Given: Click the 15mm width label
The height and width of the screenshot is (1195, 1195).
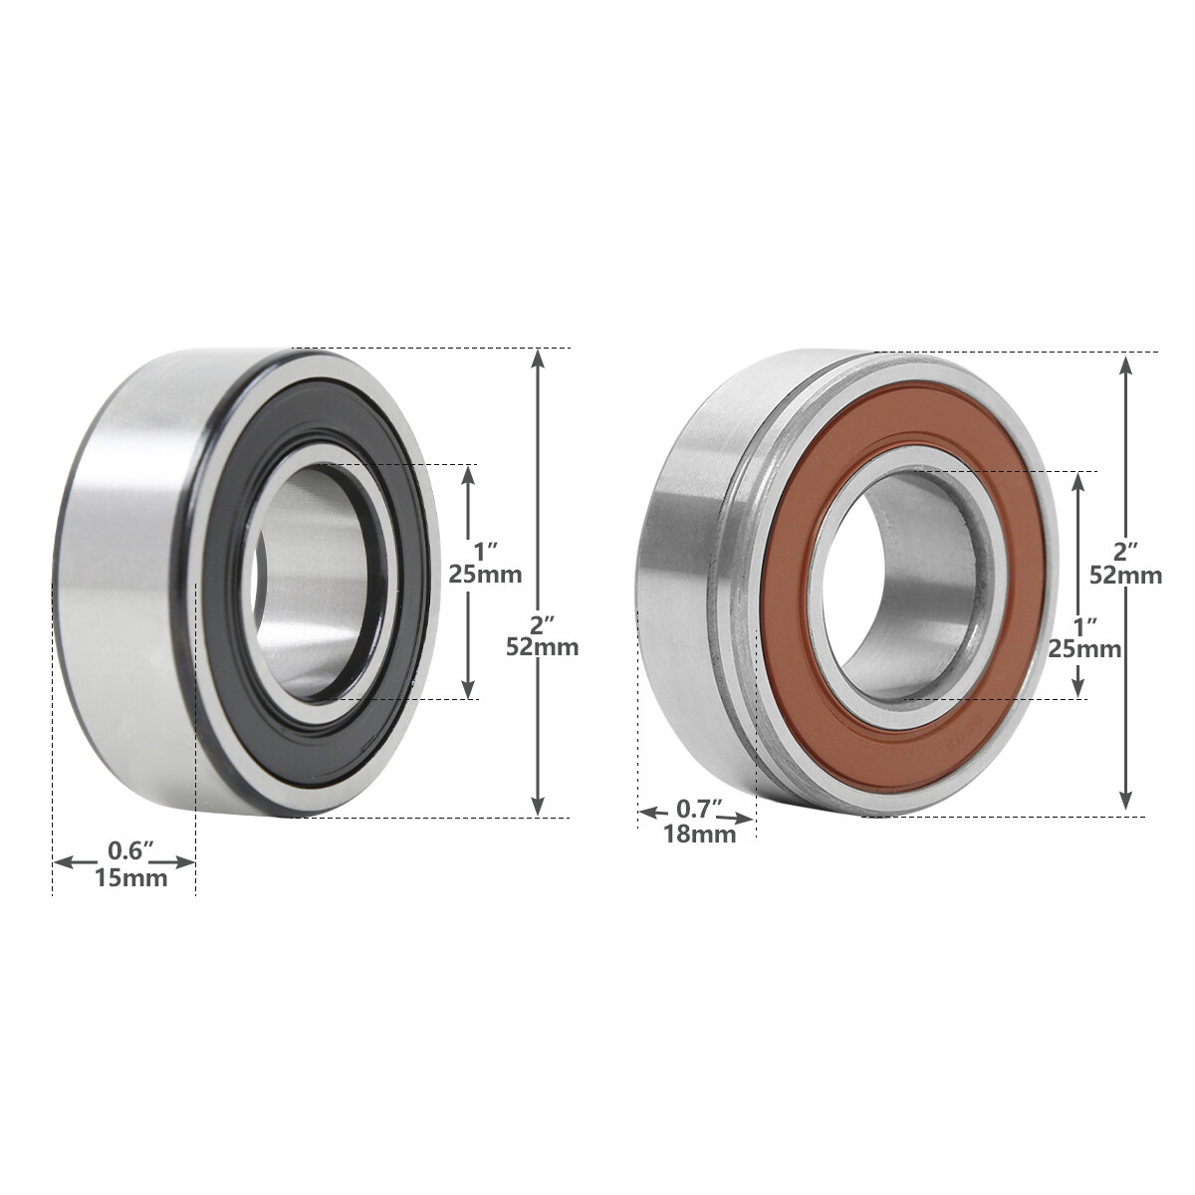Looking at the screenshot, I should [x=130, y=878].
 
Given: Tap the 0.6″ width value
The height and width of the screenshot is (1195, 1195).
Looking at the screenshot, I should [x=130, y=851].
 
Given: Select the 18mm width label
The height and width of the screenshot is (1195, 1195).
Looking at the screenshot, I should [x=700, y=835].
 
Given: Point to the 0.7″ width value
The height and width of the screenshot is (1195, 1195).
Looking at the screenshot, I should [x=700, y=808].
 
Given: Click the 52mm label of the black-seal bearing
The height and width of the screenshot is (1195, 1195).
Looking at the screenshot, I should [x=543, y=646].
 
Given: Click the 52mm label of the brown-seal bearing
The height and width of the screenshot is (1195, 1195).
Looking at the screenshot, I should [x=1125, y=576].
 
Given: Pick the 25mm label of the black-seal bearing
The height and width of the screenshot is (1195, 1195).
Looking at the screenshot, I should [x=485, y=575].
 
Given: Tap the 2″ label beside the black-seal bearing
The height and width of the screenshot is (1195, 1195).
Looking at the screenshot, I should [x=543, y=623].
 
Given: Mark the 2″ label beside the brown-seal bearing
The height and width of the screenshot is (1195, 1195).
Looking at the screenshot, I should [x=1125, y=551].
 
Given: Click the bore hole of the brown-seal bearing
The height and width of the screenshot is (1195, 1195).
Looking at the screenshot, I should [x=906, y=588].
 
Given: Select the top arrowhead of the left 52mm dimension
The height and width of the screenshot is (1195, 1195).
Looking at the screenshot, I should [x=539, y=358].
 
